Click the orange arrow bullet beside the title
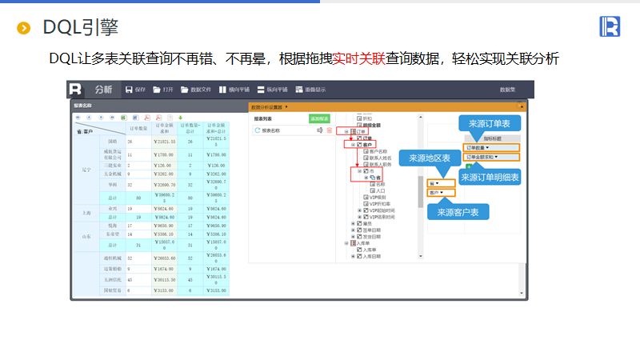(24, 29)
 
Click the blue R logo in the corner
(610, 26)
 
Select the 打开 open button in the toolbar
(164, 90)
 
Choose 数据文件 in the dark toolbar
(196, 90)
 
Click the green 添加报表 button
(319, 118)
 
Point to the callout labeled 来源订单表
(490, 123)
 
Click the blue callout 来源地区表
(429, 158)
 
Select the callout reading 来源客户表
(457, 211)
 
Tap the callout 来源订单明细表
(490, 177)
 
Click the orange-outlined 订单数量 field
(482, 147)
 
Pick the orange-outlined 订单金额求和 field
(486, 157)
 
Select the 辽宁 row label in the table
(86, 170)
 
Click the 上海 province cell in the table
(86, 212)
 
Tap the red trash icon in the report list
(329, 130)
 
